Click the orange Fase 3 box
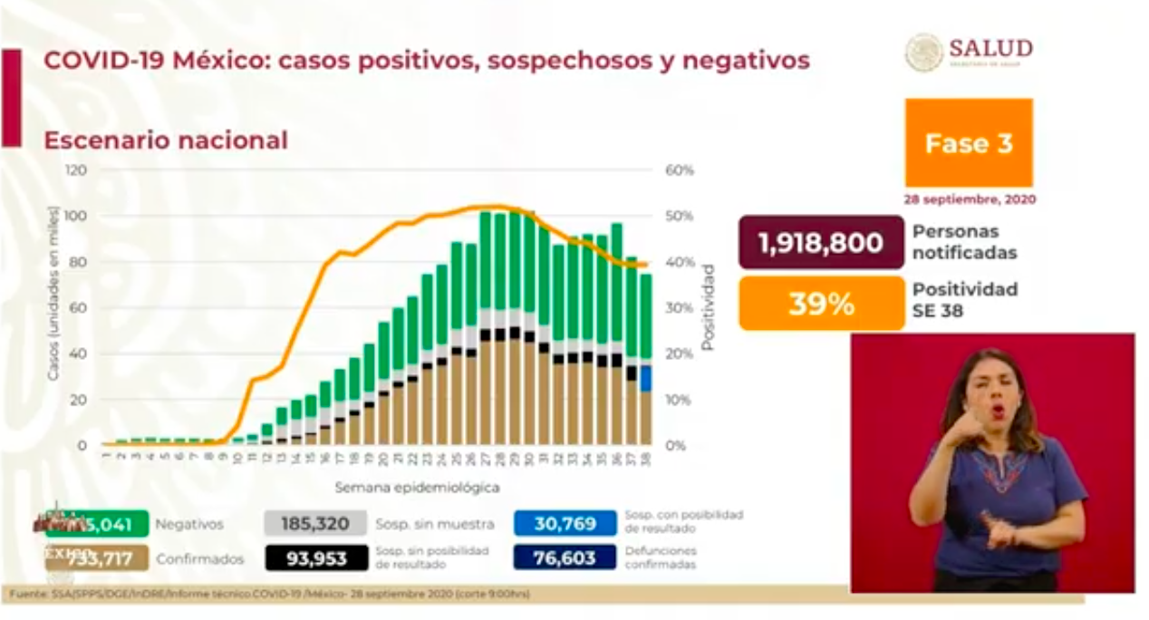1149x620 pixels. [x=968, y=143]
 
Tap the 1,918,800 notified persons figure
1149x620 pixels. [x=821, y=243]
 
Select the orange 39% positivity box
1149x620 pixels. [x=821, y=304]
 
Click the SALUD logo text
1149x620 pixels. [x=990, y=48]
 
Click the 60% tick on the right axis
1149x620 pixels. [x=680, y=170]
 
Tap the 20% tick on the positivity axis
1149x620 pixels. [x=680, y=354]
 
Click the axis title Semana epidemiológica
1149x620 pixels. [x=417, y=488]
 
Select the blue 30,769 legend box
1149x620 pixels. [x=565, y=523]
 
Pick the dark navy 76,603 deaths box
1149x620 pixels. [x=565, y=558]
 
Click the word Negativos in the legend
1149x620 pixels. [x=188, y=524]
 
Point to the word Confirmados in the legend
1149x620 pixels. [x=199, y=559]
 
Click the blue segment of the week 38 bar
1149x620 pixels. [x=645, y=378]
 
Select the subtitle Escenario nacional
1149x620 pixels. [x=166, y=140]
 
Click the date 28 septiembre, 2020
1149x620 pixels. [x=969, y=199]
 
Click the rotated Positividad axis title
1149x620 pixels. [x=708, y=308]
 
